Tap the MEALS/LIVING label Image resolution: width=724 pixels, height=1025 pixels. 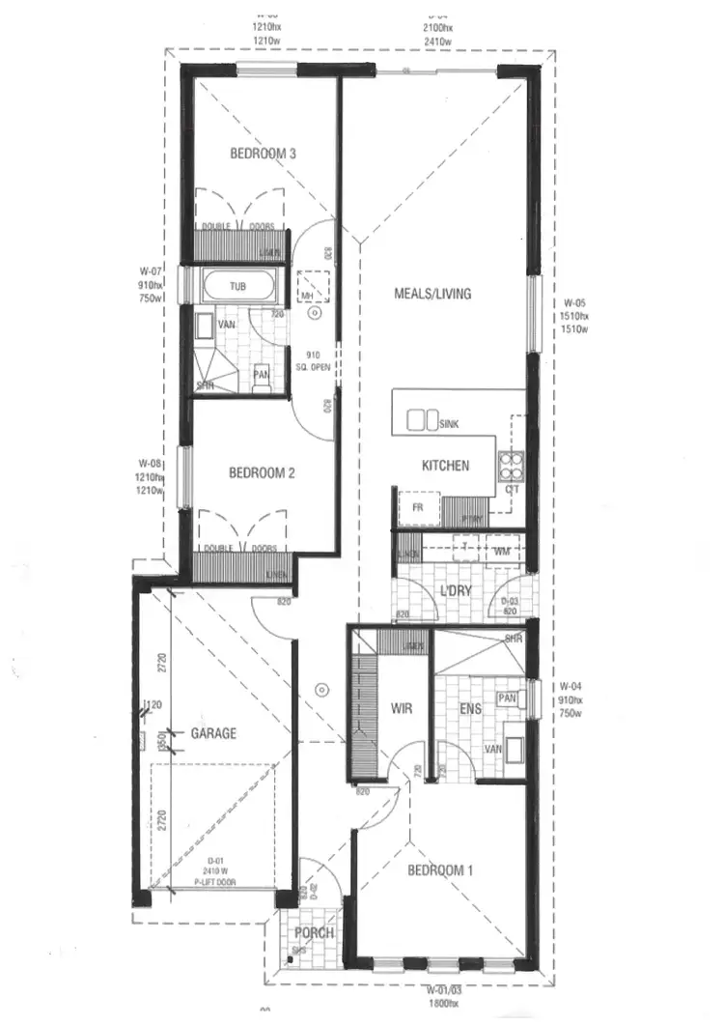click(x=432, y=294)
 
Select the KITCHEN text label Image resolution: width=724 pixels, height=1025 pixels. click(x=445, y=466)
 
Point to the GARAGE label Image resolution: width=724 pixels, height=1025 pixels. click(x=213, y=733)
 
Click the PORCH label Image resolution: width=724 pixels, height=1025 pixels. click(x=314, y=933)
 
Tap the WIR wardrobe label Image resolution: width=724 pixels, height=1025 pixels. click(x=403, y=709)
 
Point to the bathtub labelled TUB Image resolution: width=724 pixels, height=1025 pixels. click(x=237, y=287)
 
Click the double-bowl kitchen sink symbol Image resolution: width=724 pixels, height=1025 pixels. click(x=422, y=420)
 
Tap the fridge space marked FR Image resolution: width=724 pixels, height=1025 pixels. click(x=417, y=506)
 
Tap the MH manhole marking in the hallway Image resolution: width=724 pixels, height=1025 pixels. click(x=308, y=296)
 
